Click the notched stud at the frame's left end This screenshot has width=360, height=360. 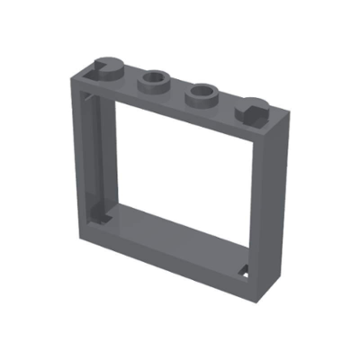[x=108, y=67]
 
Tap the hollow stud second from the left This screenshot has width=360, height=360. [x=155, y=81]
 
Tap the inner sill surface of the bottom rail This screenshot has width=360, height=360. [x=180, y=229]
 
